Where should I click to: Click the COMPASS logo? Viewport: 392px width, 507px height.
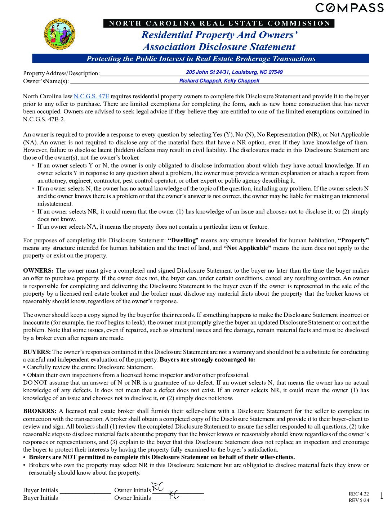pyautogui.click(x=349, y=8)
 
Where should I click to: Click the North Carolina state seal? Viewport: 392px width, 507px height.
pyautogui.click(x=60, y=34)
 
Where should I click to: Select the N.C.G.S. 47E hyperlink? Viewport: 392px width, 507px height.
pyautogui.click(x=91, y=96)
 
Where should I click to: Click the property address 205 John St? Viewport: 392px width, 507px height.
pyautogui.click(x=234, y=72)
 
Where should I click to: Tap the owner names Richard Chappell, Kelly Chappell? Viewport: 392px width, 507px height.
pyautogui.click(x=219, y=81)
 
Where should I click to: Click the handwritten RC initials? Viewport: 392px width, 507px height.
pyautogui.click(x=158, y=487)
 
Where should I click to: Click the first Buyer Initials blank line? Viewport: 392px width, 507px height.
pyautogui.click(x=85, y=491)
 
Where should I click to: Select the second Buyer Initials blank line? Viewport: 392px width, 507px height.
pyautogui.click(x=85, y=498)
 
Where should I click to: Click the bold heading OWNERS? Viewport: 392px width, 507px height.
pyautogui.click(x=38, y=270)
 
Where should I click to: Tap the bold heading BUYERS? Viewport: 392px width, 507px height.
pyautogui.click(x=37, y=352)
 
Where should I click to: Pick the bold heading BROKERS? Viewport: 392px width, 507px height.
pyautogui.click(x=40, y=411)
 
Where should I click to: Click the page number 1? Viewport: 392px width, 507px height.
pyautogui.click(x=382, y=496)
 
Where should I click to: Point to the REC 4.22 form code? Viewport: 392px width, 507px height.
pyautogui.click(x=358, y=494)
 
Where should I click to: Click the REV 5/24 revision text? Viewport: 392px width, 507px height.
pyautogui.click(x=358, y=500)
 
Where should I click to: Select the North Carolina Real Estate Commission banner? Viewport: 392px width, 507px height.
pyautogui.click(x=219, y=23)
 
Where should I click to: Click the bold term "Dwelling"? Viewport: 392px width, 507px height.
pyautogui.click(x=183, y=240)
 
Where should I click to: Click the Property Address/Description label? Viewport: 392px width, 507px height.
pyautogui.click(x=61, y=73)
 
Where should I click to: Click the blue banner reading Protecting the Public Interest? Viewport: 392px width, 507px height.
pyautogui.click(x=201, y=59)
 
